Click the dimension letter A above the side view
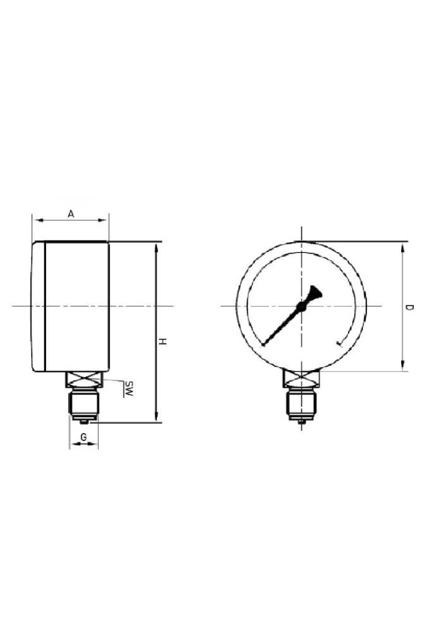70,212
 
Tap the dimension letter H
163,343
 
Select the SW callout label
129,388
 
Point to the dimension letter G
84,437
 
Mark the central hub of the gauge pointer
301,306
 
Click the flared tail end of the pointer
315,291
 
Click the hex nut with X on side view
84,381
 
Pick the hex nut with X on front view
302,381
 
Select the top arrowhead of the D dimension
403,246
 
